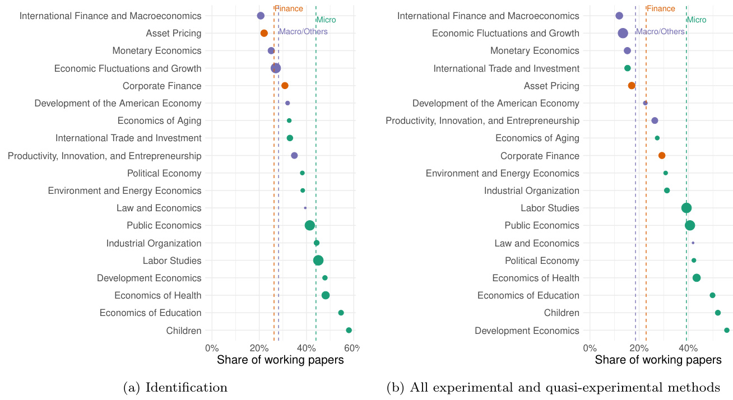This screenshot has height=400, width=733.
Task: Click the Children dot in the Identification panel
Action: [349, 331]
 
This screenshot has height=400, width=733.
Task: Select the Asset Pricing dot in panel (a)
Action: [264, 34]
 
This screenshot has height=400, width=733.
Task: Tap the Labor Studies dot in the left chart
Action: [318, 261]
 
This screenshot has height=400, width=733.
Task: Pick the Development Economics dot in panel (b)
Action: [727, 331]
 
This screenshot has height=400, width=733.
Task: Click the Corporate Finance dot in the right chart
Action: [662, 156]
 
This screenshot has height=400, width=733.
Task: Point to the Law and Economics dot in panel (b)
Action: [693, 243]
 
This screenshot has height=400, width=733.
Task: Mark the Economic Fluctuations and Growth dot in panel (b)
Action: [623, 34]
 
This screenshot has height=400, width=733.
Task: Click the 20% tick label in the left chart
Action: [259, 348]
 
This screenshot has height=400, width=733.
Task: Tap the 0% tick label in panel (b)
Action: [590, 348]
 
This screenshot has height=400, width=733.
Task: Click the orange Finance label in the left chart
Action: [289, 9]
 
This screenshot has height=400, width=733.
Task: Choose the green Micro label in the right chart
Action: [697, 20]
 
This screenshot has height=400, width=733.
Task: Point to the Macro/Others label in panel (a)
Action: [303, 32]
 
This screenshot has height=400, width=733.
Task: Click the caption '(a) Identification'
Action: [175, 387]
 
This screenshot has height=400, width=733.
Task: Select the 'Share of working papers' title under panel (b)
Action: [658, 360]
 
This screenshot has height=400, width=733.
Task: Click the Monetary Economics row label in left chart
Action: [156, 51]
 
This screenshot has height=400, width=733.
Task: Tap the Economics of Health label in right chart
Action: [535, 278]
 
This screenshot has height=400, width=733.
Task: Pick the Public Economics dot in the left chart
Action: [309, 226]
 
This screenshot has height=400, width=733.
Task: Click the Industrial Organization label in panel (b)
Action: [531, 191]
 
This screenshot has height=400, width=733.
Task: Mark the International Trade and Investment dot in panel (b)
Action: [627, 68]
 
